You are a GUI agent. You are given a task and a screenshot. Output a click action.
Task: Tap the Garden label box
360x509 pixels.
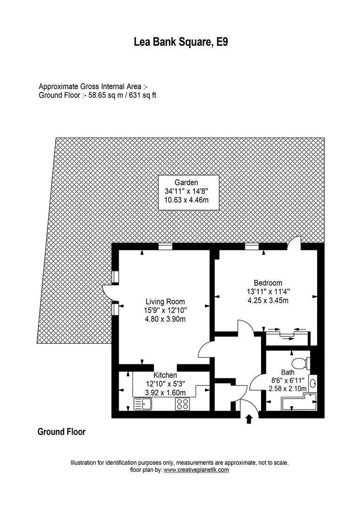(x=188, y=191)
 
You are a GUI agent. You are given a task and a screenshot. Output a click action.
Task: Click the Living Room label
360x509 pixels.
(x=165, y=302)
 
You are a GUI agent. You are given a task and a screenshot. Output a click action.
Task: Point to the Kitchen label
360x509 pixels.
(x=165, y=375)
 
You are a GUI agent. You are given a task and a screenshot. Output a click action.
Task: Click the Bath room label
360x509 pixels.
(x=287, y=372)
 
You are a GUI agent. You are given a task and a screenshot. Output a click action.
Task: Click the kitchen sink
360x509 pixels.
(x=141, y=404)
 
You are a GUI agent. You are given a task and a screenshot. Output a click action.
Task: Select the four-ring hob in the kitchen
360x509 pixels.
(x=182, y=404)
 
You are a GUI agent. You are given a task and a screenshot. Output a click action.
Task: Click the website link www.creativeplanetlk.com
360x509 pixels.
(x=196, y=470)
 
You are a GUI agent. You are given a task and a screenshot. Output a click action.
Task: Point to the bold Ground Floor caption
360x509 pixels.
(x=61, y=432)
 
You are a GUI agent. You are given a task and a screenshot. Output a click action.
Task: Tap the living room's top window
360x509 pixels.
(x=165, y=246)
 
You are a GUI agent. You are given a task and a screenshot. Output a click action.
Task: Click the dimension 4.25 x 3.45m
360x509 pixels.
(x=267, y=300)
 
